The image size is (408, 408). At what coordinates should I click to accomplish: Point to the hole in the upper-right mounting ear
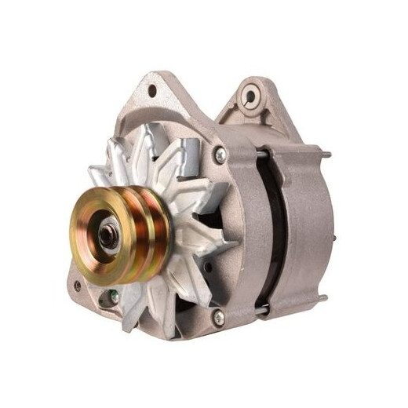(250, 97)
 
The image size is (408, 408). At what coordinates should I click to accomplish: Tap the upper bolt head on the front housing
(220, 156)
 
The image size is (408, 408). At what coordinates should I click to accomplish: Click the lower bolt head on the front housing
(219, 317)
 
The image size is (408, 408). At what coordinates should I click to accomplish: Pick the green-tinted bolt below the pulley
(114, 297)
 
